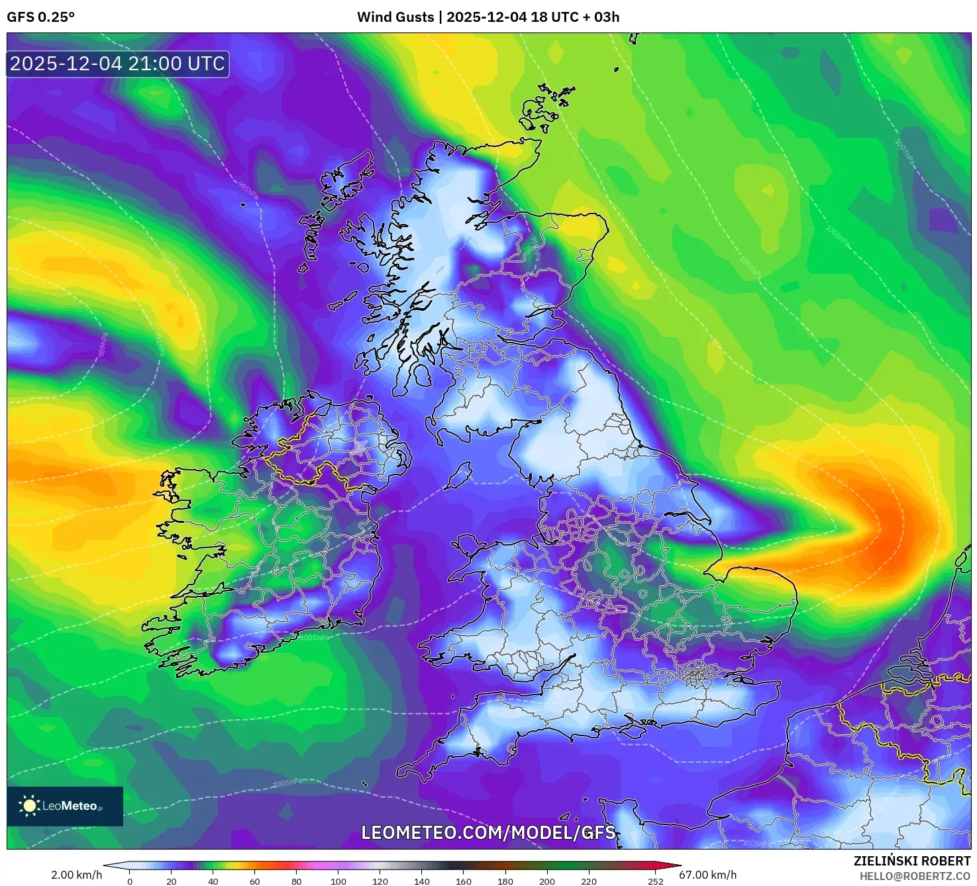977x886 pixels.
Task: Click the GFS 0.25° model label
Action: tap(40, 17)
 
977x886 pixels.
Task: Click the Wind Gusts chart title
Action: tap(488, 17)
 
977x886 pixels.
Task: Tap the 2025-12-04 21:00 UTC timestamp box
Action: tap(117, 64)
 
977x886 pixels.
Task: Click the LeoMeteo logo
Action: tap(65, 806)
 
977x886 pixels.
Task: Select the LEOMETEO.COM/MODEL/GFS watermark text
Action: tap(488, 832)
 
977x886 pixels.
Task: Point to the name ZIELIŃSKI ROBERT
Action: tap(911, 861)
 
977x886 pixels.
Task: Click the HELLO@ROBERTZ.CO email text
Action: tap(915, 876)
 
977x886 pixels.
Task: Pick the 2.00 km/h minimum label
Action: tap(76, 875)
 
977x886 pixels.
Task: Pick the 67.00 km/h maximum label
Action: tap(707, 875)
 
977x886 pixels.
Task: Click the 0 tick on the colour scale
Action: tap(130, 881)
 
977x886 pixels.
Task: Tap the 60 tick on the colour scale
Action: tap(255, 881)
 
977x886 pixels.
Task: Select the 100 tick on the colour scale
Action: tap(338, 881)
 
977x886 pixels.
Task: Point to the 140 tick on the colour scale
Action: tap(422, 881)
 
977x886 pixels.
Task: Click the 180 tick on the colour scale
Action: tap(505, 881)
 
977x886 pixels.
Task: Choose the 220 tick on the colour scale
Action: tap(589, 881)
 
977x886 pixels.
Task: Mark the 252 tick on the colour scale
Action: tap(656, 881)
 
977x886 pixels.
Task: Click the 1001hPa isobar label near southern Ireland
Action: tap(314, 637)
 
